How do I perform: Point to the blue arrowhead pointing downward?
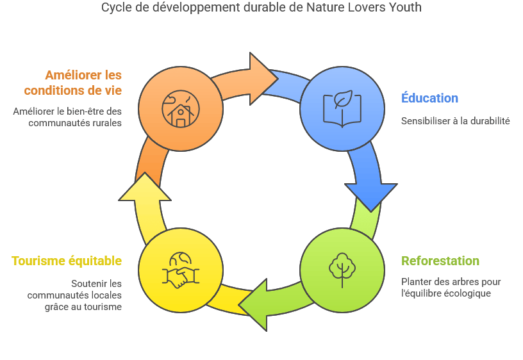click(x=371, y=193)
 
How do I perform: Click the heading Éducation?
click(x=429, y=99)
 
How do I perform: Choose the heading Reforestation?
click(x=440, y=261)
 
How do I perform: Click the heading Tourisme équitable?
click(x=67, y=261)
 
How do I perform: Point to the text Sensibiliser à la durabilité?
click(x=455, y=120)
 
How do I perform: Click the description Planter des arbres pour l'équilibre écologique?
click(x=451, y=288)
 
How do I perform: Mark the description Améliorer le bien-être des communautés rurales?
click(x=67, y=117)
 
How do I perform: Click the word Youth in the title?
click(x=407, y=8)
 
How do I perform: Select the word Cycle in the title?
click(x=115, y=8)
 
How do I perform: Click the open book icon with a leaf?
click(x=342, y=108)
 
